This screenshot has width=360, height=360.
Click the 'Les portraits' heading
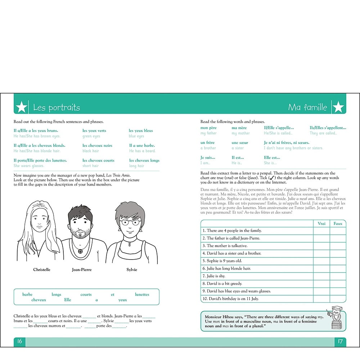point(57,107)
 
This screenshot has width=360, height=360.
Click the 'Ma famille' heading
point(307,107)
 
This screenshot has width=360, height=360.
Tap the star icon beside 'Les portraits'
point(22,107)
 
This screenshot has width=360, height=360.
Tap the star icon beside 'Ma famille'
point(338,107)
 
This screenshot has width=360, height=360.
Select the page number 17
point(340,341)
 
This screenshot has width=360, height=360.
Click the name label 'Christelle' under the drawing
point(42,270)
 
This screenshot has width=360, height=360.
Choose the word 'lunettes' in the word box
point(142,294)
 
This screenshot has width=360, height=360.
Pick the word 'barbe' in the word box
point(27,294)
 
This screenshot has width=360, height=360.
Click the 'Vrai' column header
point(321,224)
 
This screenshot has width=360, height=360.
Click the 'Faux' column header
point(338,224)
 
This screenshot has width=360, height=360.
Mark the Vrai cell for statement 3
point(321,246)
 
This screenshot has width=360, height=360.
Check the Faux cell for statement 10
point(338,299)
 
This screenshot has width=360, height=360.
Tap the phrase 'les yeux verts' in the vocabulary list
point(94,131)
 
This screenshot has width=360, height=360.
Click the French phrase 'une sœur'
point(240,143)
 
